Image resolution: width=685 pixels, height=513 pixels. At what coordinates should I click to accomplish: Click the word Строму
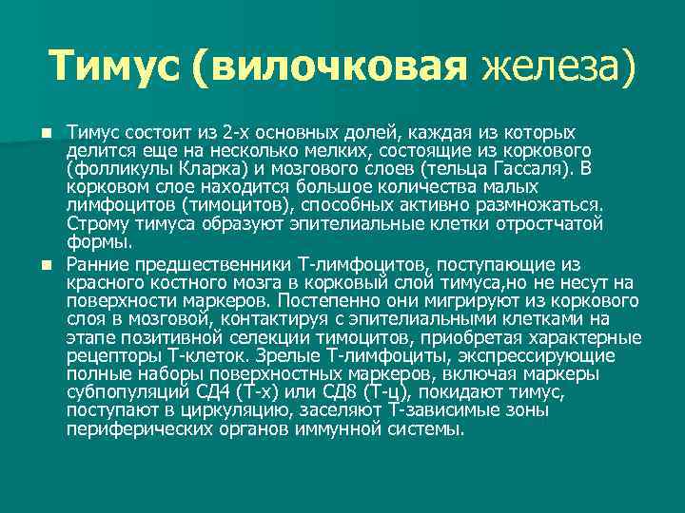(100, 223)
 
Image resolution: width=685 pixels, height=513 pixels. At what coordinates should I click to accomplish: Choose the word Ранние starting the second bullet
(99, 264)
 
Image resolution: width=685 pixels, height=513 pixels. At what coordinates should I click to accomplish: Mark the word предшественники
(218, 264)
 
